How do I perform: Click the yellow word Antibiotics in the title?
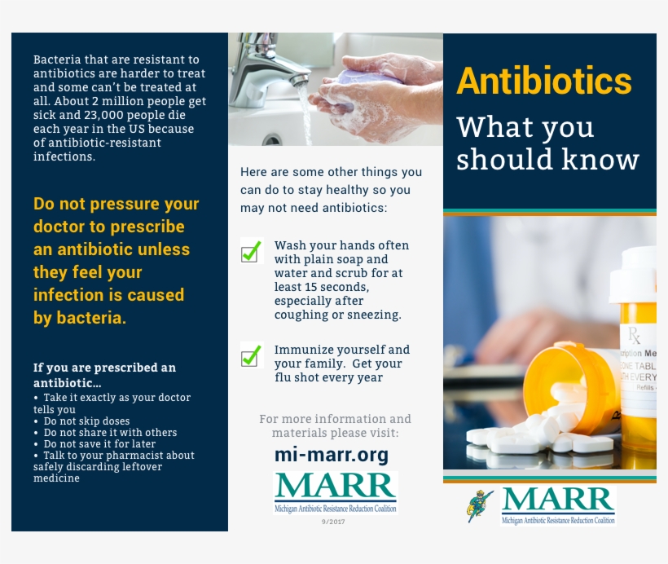pyautogui.click(x=544, y=82)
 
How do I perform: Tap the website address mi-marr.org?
pyautogui.click(x=331, y=455)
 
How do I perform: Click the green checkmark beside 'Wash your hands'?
pyautogui.click(x=252, y=251)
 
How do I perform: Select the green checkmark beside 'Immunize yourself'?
pyautogui.click(x=252, y=355)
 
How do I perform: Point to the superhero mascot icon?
pyautogui.click(x=479, y=506)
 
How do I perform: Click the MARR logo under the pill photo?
pyautogui.click(x=557, y=505)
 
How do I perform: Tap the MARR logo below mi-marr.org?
pyautogui.click(x=335, y=491)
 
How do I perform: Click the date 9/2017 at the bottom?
pyautogui.click(x=334, y=522)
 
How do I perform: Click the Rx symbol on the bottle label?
pyautogui.click(x=634, y=334)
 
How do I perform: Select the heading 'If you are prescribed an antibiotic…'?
pyautogui.click(x=104, y=375)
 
